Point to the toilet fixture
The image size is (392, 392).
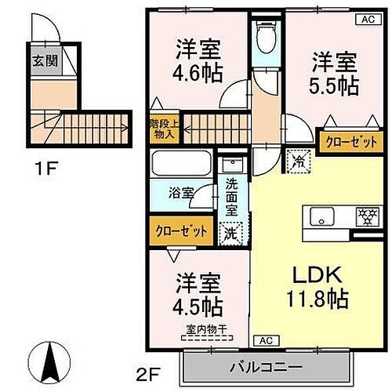tap(265, 35)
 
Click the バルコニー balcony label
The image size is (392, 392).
tap(266, 366)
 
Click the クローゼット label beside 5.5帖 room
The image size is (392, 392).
tap(346, 142)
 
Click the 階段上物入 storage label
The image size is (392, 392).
tap(162, 129)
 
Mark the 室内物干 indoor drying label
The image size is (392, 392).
tap(203, 330)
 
